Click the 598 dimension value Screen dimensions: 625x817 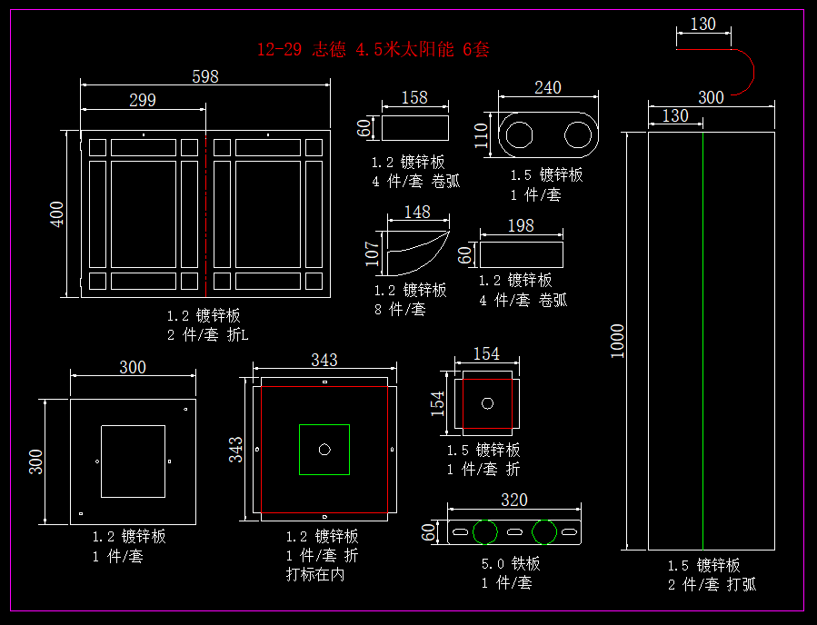point(205,77)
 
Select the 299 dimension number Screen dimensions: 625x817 point(143,101)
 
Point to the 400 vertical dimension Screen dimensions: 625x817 point(57,213)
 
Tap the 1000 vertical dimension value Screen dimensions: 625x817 point(618,341)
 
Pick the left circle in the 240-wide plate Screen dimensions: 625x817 point(521,134)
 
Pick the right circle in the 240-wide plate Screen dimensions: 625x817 point(578,134)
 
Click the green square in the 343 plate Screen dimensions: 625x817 point(324,449)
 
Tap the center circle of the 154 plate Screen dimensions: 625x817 point(487,402)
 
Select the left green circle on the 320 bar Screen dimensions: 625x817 point(485,531)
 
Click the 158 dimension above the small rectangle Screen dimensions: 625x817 point(414,98)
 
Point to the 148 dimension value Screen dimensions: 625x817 point(417,213)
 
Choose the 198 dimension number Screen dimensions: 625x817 point(521,225)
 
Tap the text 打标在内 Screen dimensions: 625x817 point(315,574)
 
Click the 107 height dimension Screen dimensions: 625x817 point(372,253)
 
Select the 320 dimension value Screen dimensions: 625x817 point(514,501)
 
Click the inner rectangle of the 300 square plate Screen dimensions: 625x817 point(133,461)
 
